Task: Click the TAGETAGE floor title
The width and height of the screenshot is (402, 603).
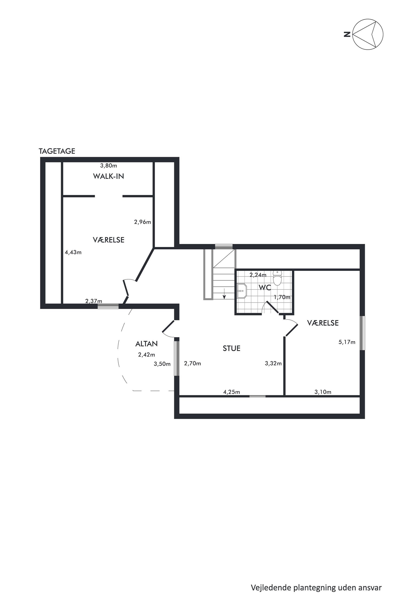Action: [x=57, y=151]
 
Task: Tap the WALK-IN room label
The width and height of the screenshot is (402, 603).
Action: [x=109, y=176]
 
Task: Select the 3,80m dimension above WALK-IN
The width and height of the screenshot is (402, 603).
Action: [x=109, y=166]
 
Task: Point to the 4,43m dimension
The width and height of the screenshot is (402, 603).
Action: [x=73, y=252]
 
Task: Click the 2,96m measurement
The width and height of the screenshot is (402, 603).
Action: [x=143, y=222]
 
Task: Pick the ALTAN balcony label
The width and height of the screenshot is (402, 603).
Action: [x=146, y=344]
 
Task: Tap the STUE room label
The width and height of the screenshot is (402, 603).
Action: [x=232, y=348]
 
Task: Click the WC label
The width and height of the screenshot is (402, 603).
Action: [x=265, y=288]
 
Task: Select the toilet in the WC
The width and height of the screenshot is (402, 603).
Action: [x=277, y=278]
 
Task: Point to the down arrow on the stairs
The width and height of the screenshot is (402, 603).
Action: [x=224, y=294]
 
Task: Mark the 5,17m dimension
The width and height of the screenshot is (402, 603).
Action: [x=347, y=342]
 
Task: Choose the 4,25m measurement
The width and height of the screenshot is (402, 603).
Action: [x=232, y=392]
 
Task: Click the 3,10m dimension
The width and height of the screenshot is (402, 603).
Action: [x=323, y=392]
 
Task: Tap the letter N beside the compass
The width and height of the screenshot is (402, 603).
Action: [x=347, y=34]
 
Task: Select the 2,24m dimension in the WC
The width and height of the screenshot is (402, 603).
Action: [x=258, y=275]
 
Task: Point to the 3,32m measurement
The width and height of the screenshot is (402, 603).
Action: [x=273, y=363]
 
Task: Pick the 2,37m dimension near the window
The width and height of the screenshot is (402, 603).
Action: [x=93, y=301]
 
